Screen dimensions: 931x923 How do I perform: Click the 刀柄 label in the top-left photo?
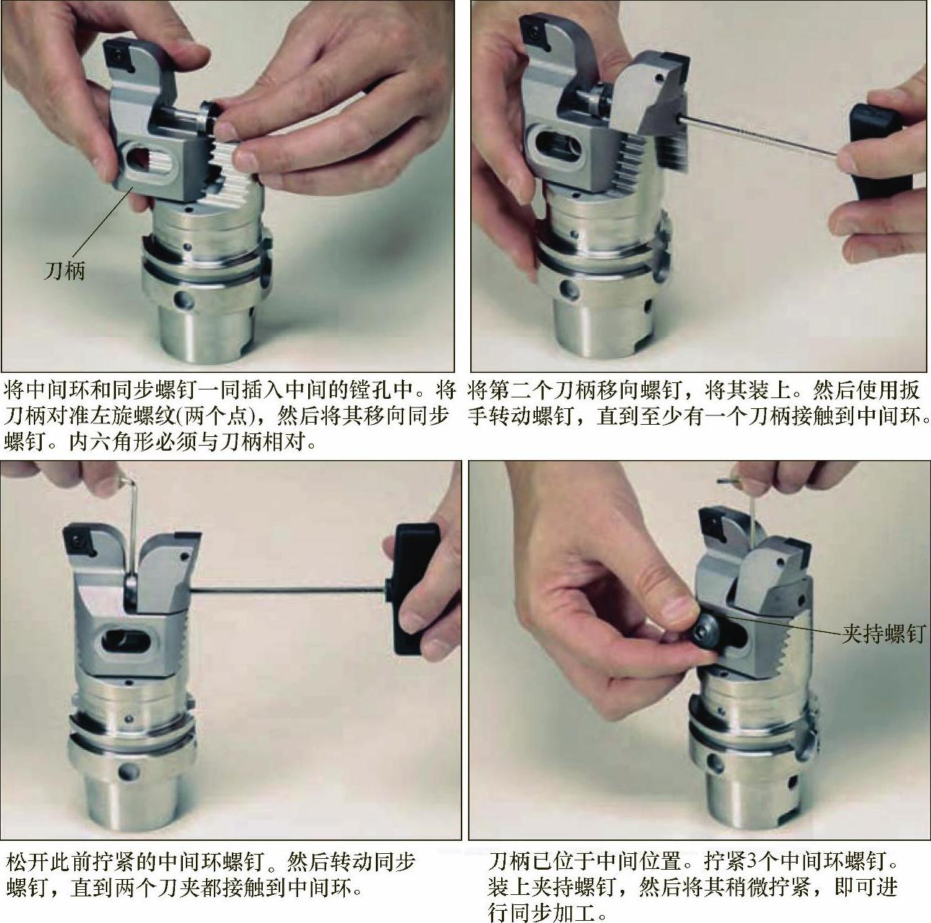64,271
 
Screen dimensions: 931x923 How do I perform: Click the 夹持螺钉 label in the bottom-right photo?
883,633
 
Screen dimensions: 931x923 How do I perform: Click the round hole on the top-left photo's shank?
183,301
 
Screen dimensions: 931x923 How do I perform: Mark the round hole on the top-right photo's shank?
569,289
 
